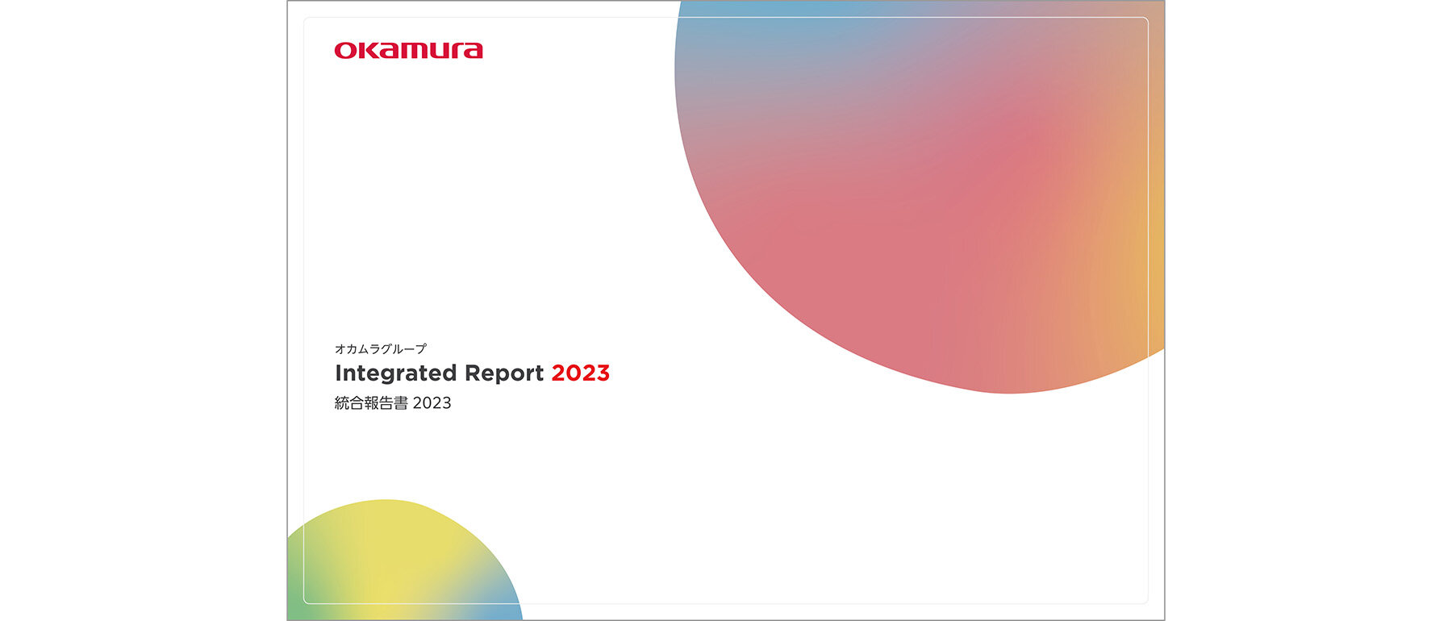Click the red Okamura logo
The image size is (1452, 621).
409,51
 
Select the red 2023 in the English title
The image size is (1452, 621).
581,373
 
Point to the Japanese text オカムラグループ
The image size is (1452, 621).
381,349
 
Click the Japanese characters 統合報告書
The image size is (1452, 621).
371,403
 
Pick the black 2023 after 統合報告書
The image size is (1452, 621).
432,403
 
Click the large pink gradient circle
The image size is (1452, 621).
920,194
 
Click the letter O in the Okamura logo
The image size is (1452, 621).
345,51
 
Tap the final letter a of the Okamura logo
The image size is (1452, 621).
473,52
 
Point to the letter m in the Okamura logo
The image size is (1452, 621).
410,52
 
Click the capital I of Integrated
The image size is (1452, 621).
338,373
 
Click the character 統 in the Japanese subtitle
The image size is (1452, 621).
342,403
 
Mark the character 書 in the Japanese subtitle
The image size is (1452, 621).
401,403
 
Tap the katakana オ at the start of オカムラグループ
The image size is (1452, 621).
340,349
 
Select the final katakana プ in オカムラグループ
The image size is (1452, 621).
420,349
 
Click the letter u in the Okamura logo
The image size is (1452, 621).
435,52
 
